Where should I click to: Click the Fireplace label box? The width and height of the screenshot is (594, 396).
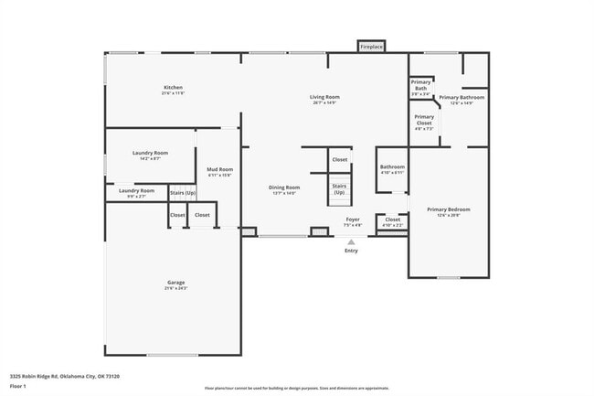point(371,46)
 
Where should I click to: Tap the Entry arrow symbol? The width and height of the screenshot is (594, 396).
point(351,241)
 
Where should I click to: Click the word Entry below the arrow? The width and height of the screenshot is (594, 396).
point(351,251)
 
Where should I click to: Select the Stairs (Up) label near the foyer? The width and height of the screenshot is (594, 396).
point(339,188)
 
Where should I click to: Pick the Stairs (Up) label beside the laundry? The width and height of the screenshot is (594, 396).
point(182,193)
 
